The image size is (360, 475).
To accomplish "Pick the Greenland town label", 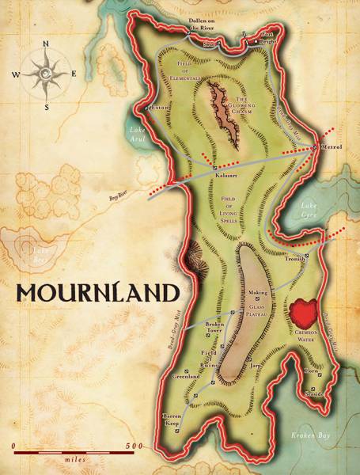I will tap(184, 378).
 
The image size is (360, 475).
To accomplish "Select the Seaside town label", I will tap(315, 397).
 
